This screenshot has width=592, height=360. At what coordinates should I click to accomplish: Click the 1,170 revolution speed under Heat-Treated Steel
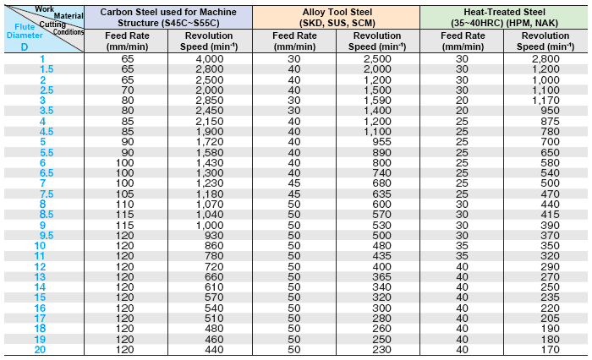[x=544, y=100]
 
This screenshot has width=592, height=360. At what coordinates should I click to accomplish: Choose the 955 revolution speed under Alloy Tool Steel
[x=376, y=141]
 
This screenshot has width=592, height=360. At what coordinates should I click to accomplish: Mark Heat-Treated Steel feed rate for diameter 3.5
[x=462, y=110]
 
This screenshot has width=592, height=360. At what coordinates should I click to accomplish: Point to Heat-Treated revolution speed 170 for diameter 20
[x=544, y=349]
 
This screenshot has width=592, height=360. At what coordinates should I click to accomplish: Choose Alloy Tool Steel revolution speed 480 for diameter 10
[x=376, y=245]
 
